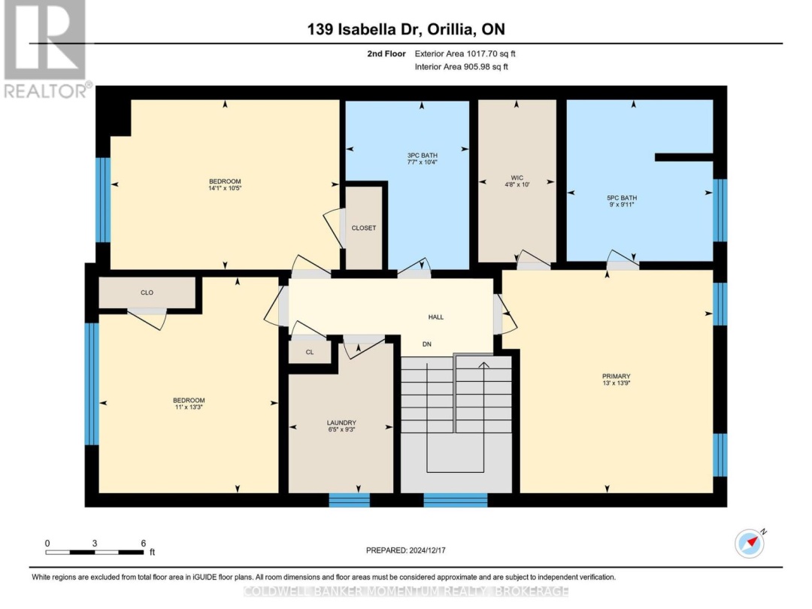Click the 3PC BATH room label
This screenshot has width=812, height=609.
(422, 156)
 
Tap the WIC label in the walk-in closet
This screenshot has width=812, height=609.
(517, 177)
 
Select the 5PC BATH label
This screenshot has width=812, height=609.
(622, 198)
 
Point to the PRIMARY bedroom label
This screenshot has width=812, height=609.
(617, 377)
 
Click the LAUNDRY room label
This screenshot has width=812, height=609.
(341, 423)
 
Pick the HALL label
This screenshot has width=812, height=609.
(435, 317)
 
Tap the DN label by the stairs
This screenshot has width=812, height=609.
(427, 344)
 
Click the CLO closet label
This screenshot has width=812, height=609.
(147, 292)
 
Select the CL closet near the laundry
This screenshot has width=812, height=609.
(310, 352)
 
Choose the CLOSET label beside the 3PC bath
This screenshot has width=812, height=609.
(364, 228)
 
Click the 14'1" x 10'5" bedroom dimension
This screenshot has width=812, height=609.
(225, 188)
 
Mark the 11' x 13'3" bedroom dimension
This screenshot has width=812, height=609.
(189, 407)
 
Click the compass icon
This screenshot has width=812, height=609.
(750, 544)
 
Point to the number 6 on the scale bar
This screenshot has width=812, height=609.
(144, 544)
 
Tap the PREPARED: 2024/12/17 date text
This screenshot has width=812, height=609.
(405, 550)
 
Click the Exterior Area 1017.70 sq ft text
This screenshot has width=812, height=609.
(465, 54)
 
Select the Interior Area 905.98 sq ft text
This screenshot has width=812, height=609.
(462, 67)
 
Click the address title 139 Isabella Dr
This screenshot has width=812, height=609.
(362, 29)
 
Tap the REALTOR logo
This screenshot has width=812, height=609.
(47, 50)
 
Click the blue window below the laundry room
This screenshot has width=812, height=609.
(350, 500)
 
